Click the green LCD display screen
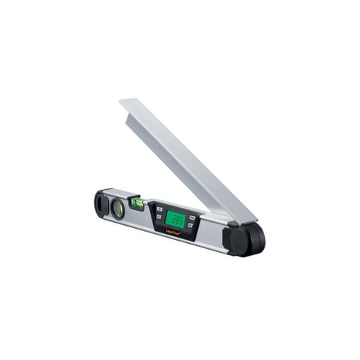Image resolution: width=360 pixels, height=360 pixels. (175, 219)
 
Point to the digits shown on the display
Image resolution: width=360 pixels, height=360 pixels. (176, 219)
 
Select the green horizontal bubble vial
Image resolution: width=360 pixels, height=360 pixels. (137, 202)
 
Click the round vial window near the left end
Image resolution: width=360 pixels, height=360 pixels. (118, 208)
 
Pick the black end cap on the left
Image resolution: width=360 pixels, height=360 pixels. (100, 203)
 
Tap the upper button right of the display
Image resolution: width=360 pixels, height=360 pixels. (193, 218)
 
